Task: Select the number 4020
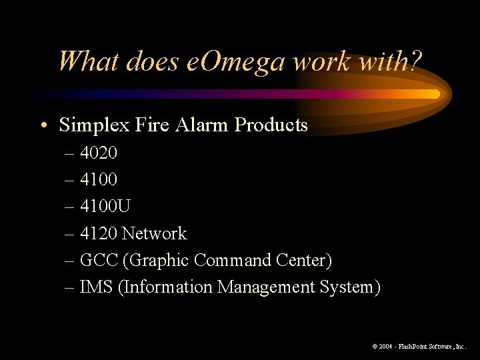(x=99, y=153)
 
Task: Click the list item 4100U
(x=105, y=207)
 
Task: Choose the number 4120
(x=99, y=233)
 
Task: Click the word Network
(x=154, y=233)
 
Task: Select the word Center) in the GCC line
(x=307, y=260)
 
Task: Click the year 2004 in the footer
(x=387, y=347)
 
